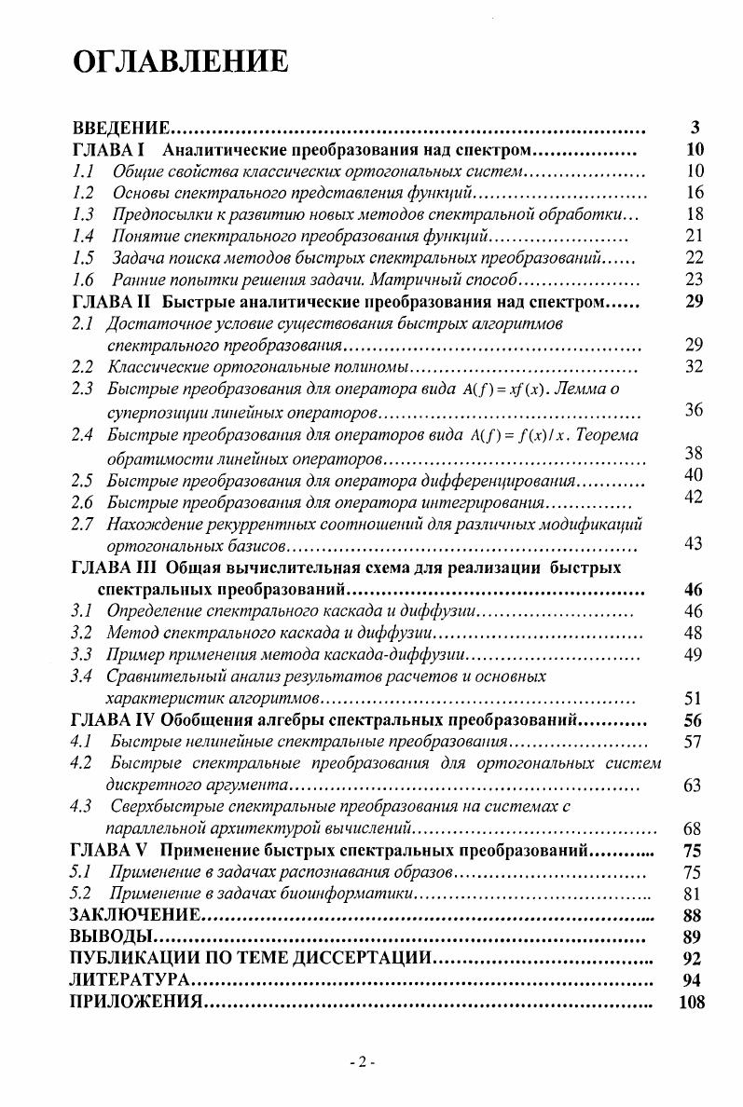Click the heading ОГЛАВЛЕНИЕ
tap(179, 62)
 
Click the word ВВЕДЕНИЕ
tap(119, 129)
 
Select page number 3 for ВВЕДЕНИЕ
tap(695, 129)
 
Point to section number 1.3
tap(83, 214)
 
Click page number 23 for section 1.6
tap(694, 280)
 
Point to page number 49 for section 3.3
tap(693, 654)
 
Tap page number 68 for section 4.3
tap(693, 828)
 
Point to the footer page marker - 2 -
tap(361, 1063)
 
